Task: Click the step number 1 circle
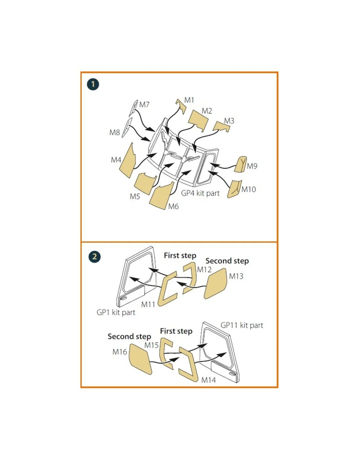(x=93, y=84)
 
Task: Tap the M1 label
(x=189, y=100)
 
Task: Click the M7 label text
(x=144, y=105)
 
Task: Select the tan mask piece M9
(x=240, y=164)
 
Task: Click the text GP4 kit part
(x=200, y=193)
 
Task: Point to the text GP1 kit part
(x=116, y=312)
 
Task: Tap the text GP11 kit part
(x=242, y=325)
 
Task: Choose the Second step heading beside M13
(x=227, y=261)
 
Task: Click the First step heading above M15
(x=176, y=331)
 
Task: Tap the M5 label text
(x=135, y=196)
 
